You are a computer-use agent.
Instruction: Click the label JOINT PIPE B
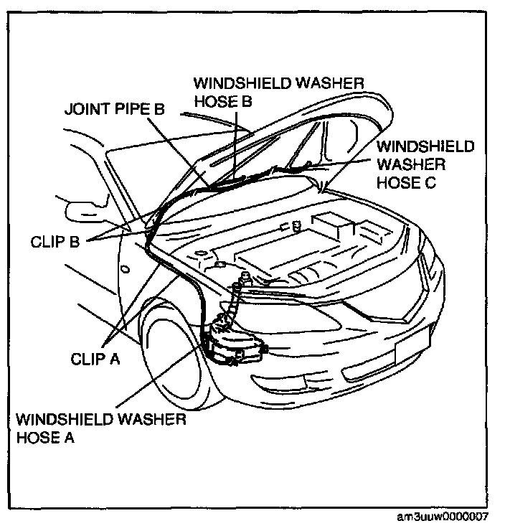pos(115,110)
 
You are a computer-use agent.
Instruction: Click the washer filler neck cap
pos(244,276)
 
